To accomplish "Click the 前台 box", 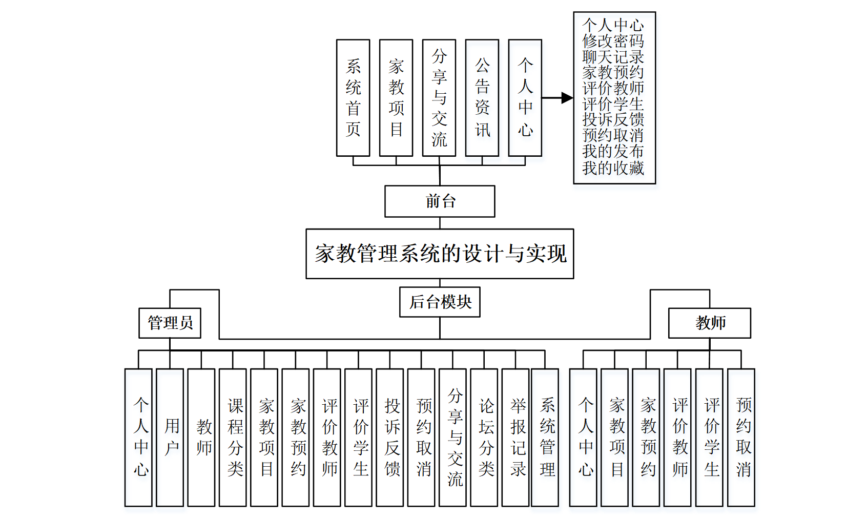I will tap(440, 201).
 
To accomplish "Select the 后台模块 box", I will tap(440, 302).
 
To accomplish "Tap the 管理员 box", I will tap(170, 323).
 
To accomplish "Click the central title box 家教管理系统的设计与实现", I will tap(440, 254).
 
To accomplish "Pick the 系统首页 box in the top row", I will tap(353, 98).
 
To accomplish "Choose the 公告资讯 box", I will tap(482, 98).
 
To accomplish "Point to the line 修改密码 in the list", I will tap(613, 41).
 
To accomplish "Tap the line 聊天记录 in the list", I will tap(613, 57).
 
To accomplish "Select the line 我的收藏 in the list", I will tap(613, 168).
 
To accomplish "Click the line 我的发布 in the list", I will tap(613, 152).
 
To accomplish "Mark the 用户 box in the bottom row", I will tap(170, 438).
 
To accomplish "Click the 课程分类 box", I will tap(233, 438).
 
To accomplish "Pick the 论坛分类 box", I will tap(484, 438).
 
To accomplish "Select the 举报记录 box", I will tap(515, 438).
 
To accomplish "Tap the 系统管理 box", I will tap(545, 438).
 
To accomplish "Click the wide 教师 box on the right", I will tap(710, 323).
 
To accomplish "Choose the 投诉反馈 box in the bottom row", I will tap(390, 438).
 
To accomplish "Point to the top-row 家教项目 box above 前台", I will tap(396, 98).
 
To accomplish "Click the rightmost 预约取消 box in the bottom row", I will tap(741, 438).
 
